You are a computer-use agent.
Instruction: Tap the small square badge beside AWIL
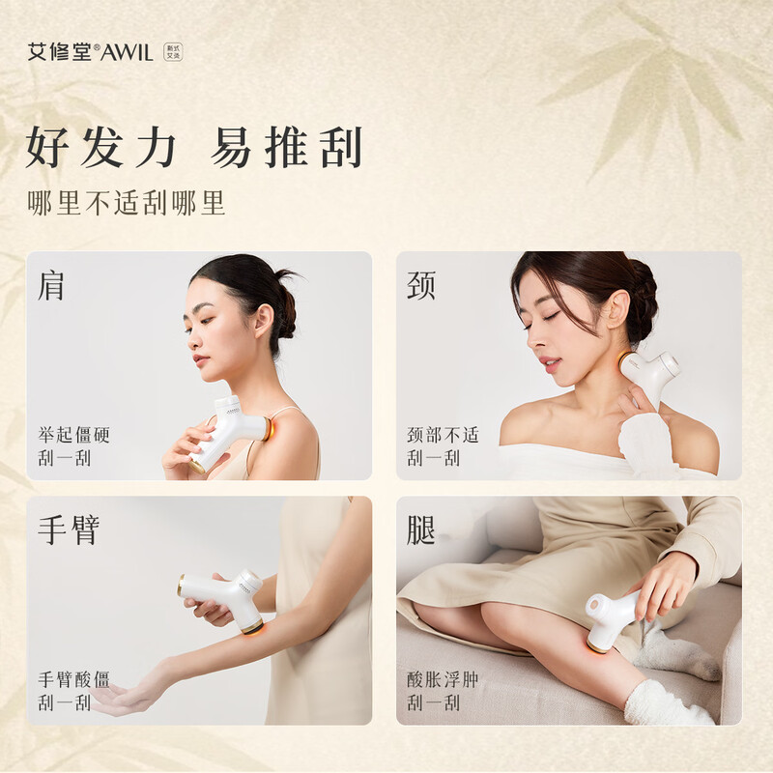173,52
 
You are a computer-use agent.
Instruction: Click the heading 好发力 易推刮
195,147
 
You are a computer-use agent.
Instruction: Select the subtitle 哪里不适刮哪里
127,203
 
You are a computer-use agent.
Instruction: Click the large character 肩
51,285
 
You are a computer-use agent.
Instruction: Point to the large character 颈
421,285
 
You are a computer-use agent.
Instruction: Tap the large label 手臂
69,530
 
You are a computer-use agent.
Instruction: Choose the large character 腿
421,530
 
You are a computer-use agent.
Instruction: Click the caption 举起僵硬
74,435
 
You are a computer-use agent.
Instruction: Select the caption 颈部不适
444,435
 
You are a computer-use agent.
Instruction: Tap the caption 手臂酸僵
74,679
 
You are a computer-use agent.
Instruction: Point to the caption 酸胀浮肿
444,679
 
